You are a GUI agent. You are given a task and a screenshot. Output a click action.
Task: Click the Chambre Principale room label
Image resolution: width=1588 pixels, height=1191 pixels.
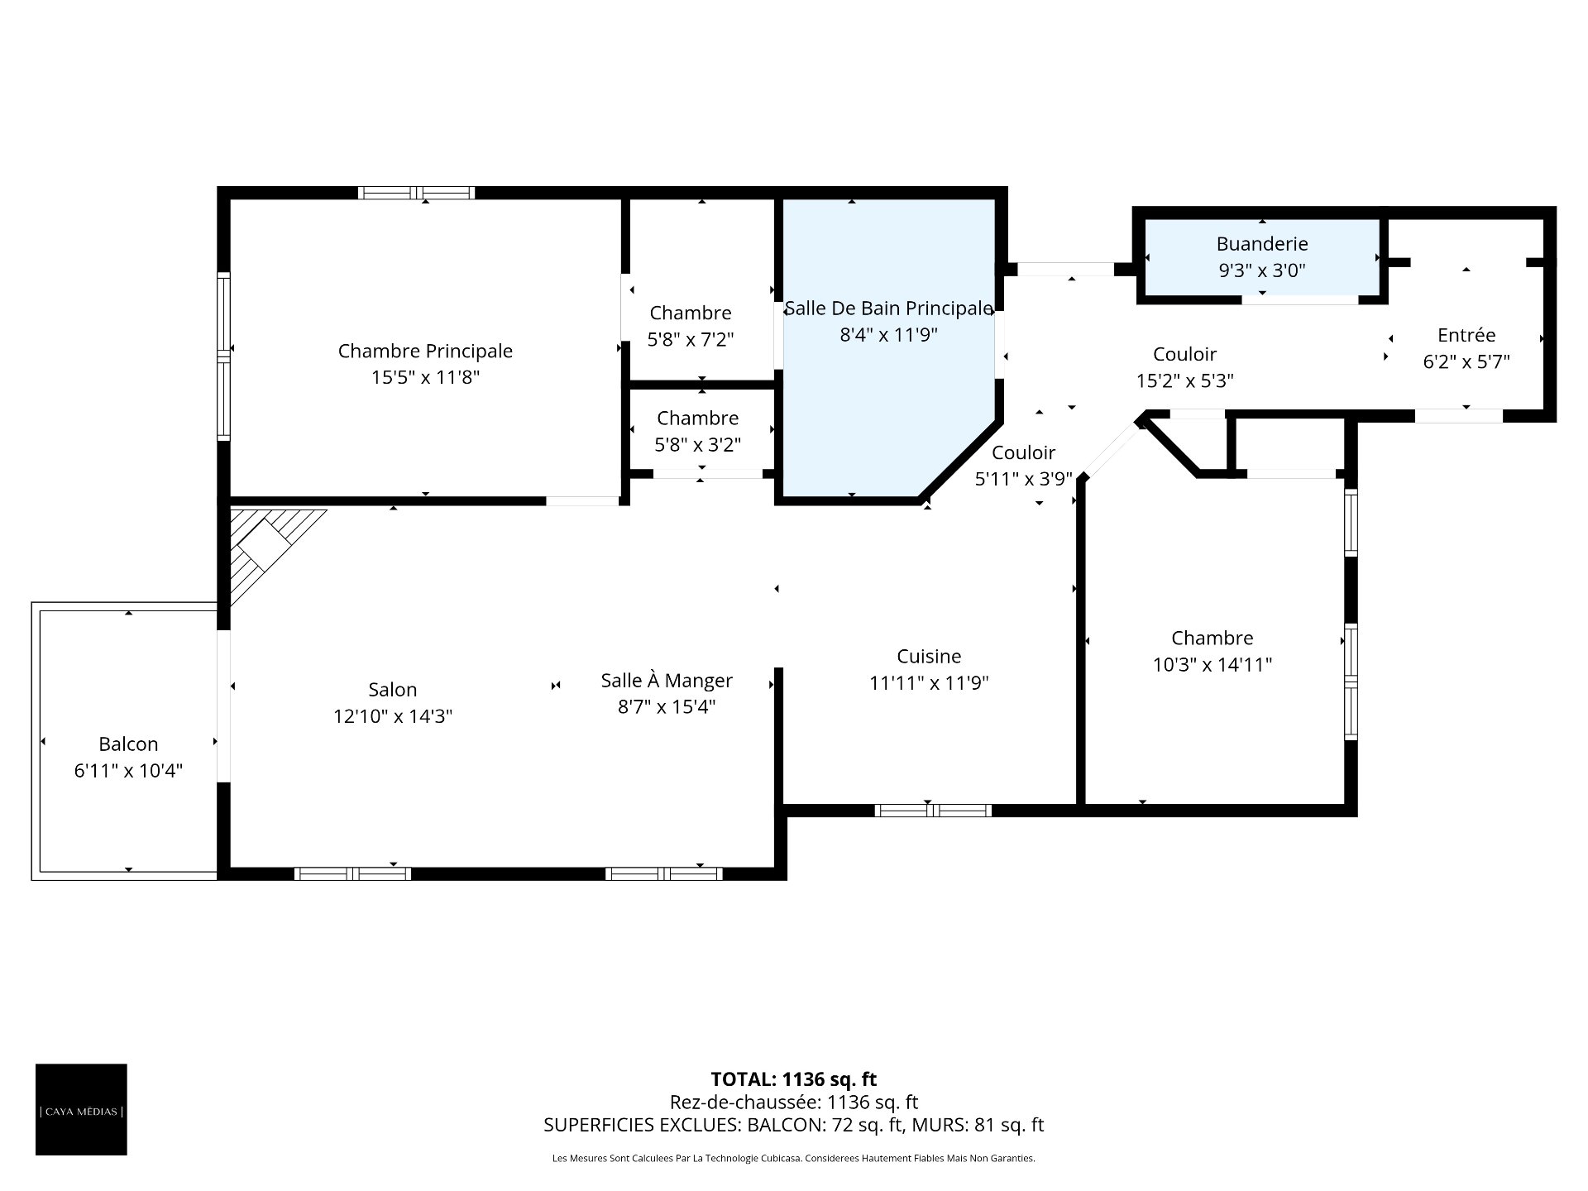(425, 351)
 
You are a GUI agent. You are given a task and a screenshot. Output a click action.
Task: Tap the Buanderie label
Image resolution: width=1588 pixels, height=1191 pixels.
(1262, 244)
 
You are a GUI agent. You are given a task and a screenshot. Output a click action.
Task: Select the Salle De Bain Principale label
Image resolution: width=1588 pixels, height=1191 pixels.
(888, 309)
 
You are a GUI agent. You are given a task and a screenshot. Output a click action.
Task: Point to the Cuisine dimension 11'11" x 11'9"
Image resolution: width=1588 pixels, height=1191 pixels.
(929, 683)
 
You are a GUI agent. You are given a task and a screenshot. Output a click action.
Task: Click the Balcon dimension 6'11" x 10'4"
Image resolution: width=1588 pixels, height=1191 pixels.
(128, 771)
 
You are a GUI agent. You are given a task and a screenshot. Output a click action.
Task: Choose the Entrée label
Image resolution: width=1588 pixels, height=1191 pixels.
(1466, 335)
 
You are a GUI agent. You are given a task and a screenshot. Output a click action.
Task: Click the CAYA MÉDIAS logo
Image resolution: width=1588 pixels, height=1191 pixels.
(81, 1109)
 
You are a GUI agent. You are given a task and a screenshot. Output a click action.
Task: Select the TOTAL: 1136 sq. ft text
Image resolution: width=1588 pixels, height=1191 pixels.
(794, 1079)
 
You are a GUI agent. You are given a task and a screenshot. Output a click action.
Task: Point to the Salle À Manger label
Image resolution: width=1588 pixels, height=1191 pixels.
(667, 681)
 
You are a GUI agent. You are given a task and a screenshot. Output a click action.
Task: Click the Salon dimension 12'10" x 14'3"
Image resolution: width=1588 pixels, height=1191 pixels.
(393, 716)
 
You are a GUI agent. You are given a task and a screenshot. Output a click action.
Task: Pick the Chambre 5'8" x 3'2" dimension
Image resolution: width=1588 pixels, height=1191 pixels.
(698, 445)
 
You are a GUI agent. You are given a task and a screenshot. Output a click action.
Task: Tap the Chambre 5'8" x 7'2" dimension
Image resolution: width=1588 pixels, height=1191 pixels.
(691, 339)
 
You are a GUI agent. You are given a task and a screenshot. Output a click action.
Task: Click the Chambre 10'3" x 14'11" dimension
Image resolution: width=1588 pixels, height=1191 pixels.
(1213, 665)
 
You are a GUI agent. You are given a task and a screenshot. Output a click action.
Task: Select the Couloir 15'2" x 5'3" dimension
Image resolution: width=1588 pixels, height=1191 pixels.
(1185, 380)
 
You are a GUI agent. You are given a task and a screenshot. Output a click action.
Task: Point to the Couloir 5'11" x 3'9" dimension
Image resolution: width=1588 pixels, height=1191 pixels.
(1024, 479)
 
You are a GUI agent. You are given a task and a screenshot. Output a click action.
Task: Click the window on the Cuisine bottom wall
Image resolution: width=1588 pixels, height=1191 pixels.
(933, 811)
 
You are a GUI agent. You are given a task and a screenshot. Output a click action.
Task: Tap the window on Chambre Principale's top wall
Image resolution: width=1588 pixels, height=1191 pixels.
(416, 193)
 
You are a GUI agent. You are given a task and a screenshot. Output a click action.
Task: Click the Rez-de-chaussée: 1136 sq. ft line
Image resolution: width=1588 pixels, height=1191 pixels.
(794, 1103)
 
